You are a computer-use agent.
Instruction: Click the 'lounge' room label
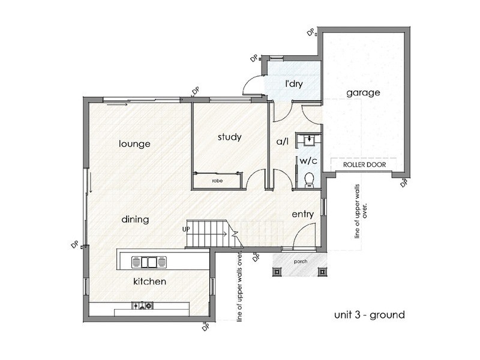tap(134, 143)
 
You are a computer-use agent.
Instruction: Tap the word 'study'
tap(230, 137)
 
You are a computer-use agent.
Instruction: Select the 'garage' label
tap(363, 93)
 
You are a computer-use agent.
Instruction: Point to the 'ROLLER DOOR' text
tap(364, 164)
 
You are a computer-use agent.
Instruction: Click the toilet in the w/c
tap(310, 179)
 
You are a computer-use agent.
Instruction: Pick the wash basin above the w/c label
tap(310, 140)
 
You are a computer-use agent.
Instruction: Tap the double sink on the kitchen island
tap(149, 262)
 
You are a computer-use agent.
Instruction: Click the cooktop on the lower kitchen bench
tap(143, 305)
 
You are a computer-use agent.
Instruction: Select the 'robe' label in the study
tap(217, 181)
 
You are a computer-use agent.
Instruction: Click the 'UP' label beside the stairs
tap(186, 229)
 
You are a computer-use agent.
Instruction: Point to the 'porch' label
tap(301, 262)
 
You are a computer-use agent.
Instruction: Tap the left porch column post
tap(277, 272)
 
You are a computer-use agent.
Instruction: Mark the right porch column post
tap(322, 272)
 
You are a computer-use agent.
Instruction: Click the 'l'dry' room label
tap(294, 83)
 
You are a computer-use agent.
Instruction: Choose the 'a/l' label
tap(283, 142)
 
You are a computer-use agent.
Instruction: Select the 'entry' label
tap(303, 214)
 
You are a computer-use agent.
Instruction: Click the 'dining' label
tap(135, 219)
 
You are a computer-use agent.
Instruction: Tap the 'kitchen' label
tap(149, 281)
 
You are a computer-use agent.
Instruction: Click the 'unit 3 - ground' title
tap(370, 314)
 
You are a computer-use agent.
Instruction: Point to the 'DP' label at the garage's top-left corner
tap(311, 32)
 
